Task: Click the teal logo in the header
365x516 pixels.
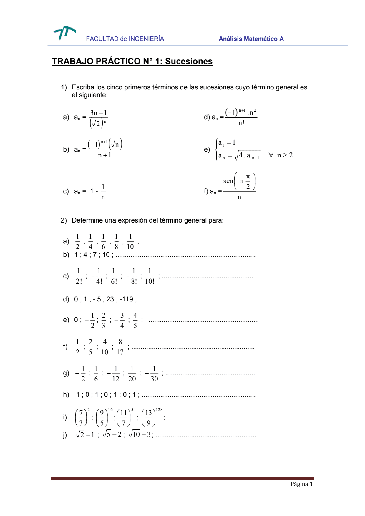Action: click(64, 32)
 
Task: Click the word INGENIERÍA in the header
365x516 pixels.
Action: click(146, 39)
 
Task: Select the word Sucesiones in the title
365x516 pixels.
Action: click(189, 61)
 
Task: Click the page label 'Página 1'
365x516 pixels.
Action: click(301, 484)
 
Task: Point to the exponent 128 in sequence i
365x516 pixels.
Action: click(159, 409)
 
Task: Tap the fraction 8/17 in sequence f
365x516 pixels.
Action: click(120, 347)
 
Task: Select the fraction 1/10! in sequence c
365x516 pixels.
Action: click(150, 276)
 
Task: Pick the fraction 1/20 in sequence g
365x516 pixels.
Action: click(132, 374)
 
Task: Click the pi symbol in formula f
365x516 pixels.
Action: click(248, 177)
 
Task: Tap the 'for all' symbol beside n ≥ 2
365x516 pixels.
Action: click(271, 155)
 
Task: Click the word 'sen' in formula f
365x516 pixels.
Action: click(228, 181)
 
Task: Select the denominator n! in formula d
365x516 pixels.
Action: click(241, 123)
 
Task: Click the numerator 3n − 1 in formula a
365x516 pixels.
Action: click(98, 113)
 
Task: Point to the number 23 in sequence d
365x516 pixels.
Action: click(110, 299)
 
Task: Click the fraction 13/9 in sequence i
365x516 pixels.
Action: click(148, 418)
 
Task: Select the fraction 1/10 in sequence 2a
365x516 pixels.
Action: click(130, 242)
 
